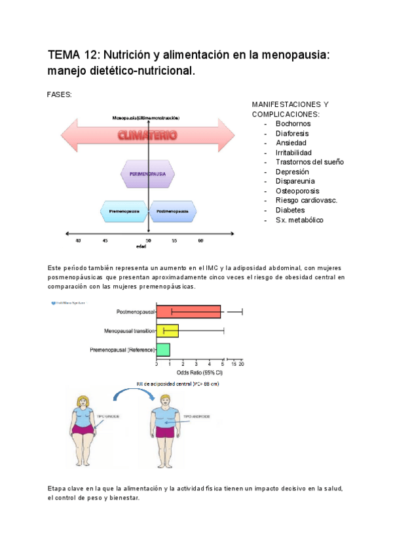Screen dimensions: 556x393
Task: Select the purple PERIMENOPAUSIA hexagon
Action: pos(147,174)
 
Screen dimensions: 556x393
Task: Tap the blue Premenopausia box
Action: pos(123,211)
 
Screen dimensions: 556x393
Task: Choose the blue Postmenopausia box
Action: pos(174,211)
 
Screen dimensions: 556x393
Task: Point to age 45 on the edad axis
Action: pos(105,241)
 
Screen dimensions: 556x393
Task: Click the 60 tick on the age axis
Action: pos(200,241)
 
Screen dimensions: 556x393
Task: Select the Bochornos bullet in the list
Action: pos(293,123)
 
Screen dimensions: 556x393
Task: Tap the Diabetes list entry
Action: pos(290,210)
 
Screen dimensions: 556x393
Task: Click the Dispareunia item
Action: pos(295,181)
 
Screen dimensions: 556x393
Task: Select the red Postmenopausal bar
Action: pos(189,312)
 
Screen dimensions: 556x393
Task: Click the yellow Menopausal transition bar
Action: pos(167,331)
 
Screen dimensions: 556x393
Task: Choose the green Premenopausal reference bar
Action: pos(163,350)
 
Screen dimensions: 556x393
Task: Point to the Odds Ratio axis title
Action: pos(195,372)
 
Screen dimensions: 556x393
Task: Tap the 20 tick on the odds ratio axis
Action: pos(242,363)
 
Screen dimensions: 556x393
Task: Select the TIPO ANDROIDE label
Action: pos(196,416)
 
